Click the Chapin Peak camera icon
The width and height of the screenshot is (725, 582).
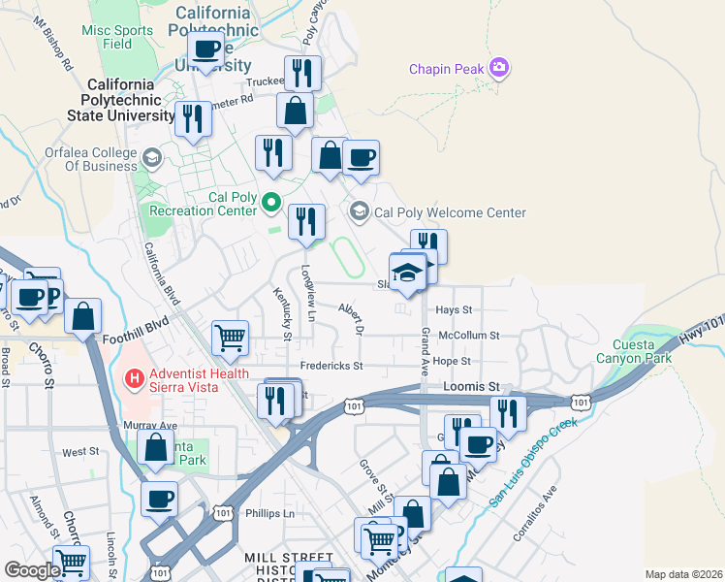(500, 68)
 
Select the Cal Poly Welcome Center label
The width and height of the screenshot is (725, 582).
(450, 212)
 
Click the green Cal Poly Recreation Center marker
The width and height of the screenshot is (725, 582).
(271, 204)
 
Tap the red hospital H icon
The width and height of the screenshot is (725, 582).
(135, 374)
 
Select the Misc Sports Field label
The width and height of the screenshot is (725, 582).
(118, 37)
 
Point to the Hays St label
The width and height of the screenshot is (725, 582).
(453, 310)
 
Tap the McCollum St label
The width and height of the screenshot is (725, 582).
(468, 336)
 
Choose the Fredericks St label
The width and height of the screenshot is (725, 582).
(331, 366)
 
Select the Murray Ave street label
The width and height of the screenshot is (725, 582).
(150, 425)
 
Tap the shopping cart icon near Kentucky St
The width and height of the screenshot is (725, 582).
(231, 338)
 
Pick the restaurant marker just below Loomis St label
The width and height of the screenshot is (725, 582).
(507, 411)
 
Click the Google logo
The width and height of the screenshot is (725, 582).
(32, 570)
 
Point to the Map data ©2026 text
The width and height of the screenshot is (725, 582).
(682, 574)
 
